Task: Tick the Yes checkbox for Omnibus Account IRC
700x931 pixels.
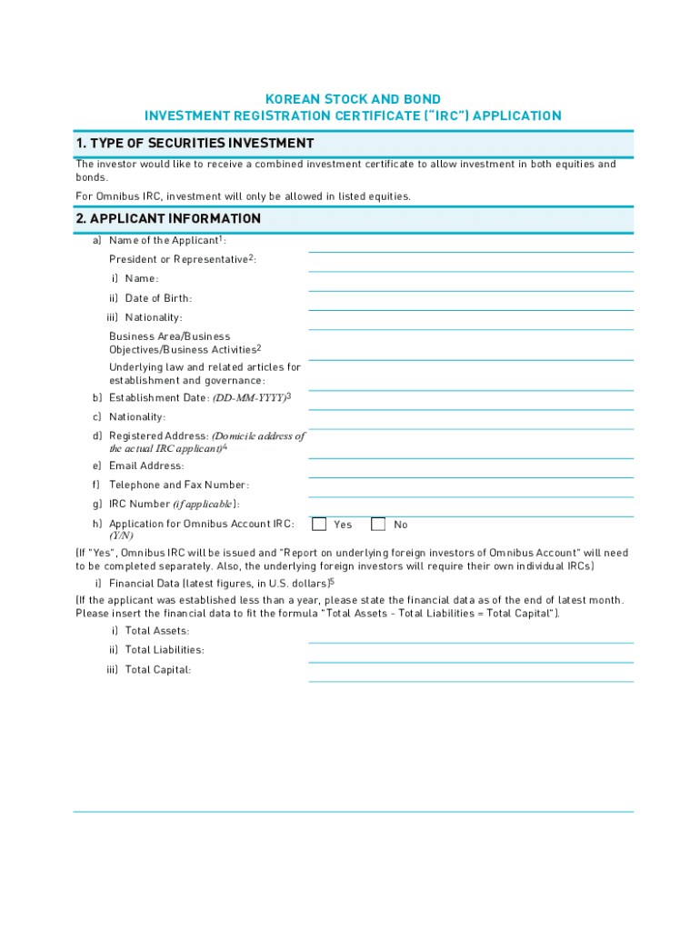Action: click(319, 525)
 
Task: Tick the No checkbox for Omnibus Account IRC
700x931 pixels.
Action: click(378, 525)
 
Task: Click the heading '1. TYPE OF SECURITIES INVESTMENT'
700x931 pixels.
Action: click(195, 144)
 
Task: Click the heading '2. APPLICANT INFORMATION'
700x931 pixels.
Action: click(168, 219)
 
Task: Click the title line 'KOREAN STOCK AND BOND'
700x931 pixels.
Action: click(353, 99)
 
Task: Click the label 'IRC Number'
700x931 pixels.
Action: click(139, 505)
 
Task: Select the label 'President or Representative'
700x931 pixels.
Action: click(178, 260)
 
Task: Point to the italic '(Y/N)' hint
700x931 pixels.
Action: click(121, 536)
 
